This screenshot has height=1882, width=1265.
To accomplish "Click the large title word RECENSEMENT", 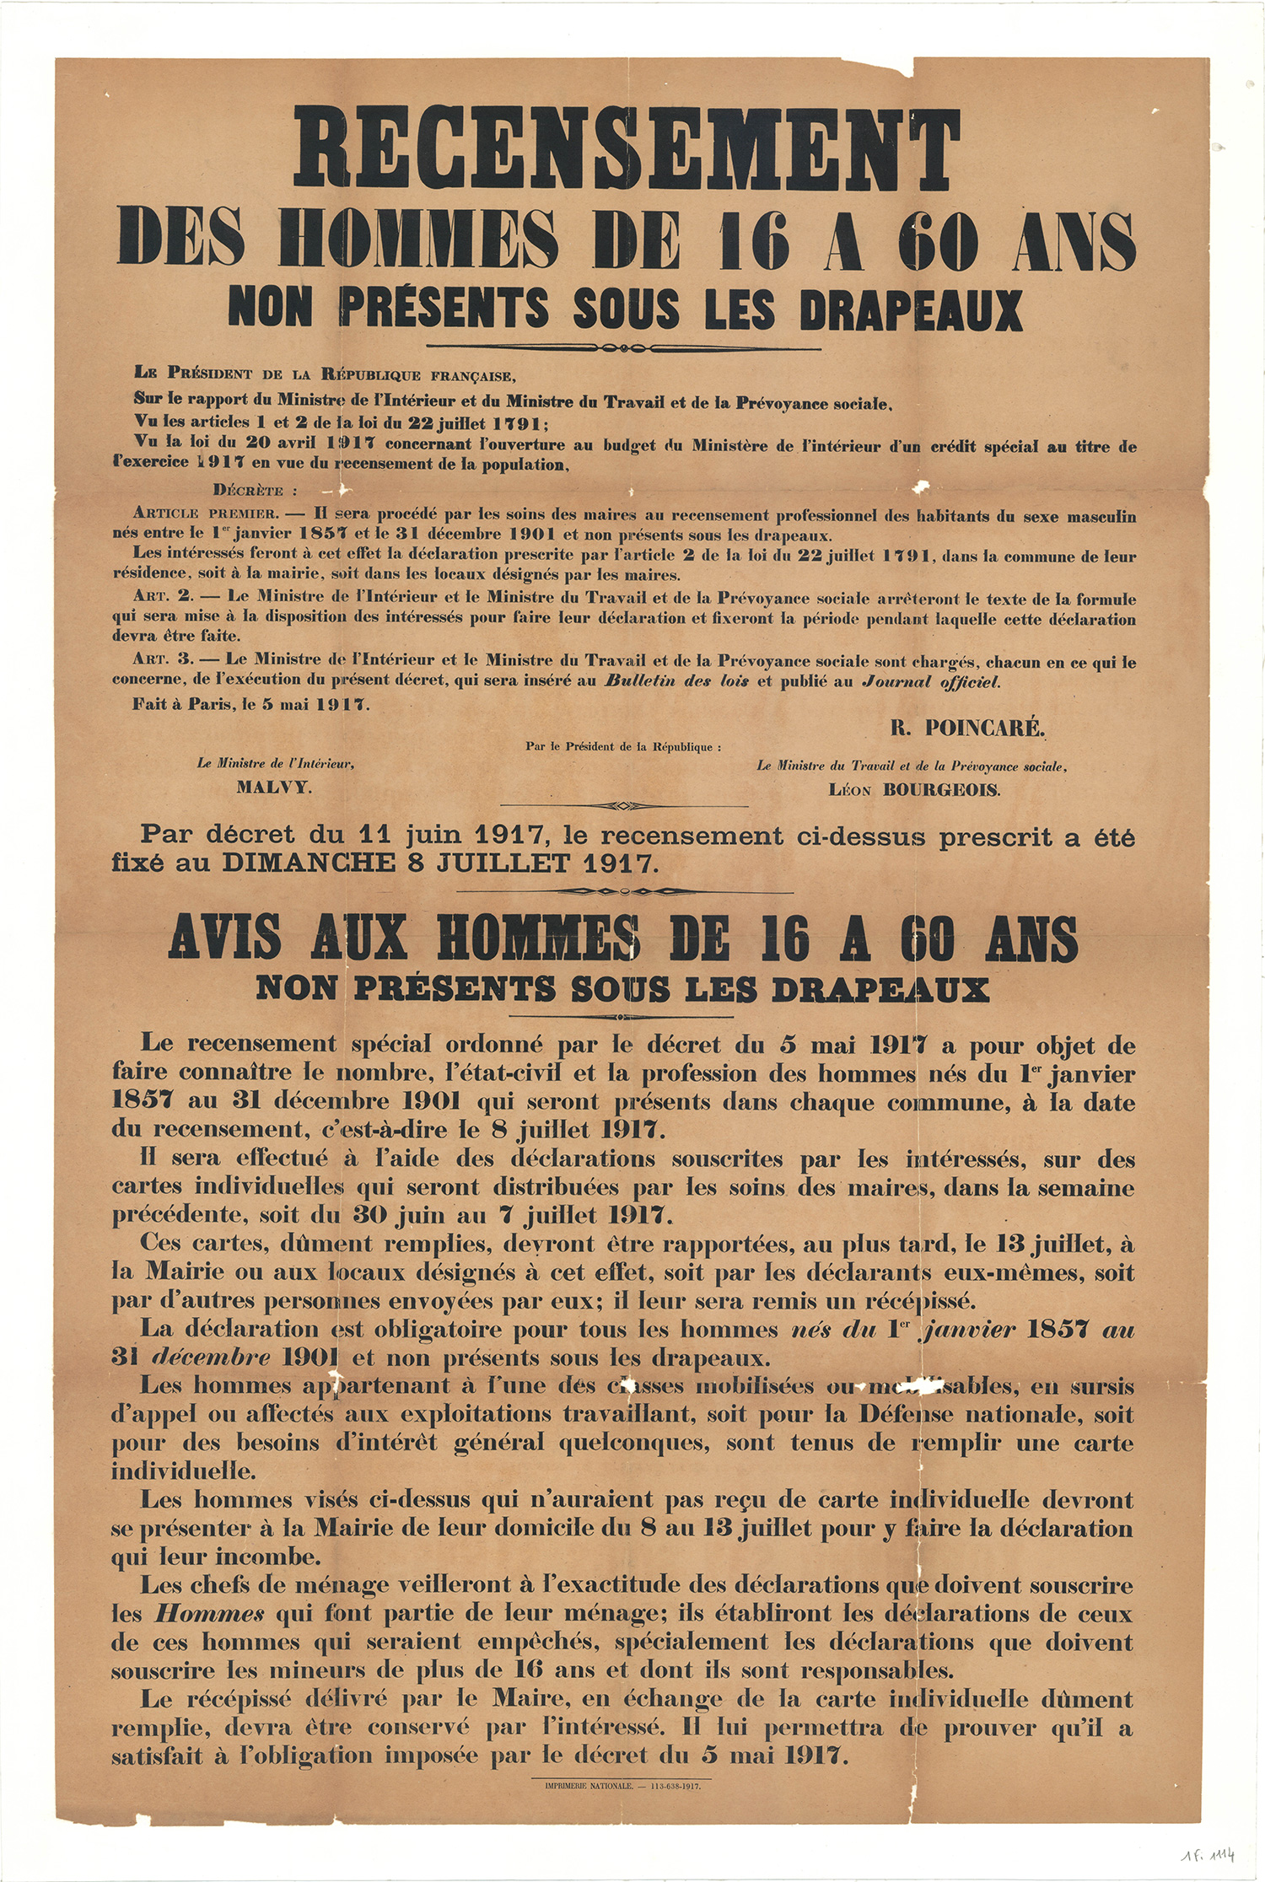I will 627,151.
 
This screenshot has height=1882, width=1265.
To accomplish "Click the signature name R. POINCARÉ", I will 967,729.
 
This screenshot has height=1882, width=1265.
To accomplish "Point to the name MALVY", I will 274,788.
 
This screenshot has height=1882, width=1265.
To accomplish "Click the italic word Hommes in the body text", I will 210,1614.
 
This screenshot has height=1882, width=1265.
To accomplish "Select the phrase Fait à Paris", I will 180,704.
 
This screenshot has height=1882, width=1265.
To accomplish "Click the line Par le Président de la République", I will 623,747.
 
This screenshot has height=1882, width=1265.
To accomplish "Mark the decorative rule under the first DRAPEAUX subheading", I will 624,347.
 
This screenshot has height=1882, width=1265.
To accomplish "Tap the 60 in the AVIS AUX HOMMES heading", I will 928,938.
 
